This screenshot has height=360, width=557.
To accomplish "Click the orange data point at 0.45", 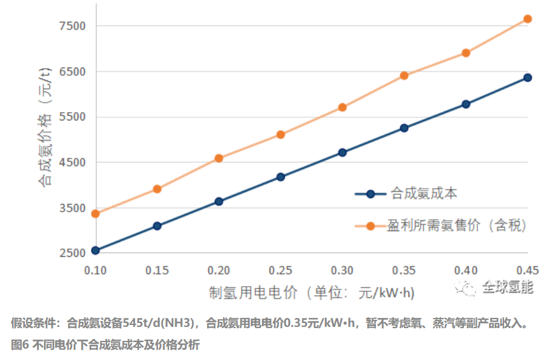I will click(x=527, y=19).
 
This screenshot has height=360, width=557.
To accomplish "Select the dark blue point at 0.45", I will click(x=527, y=78).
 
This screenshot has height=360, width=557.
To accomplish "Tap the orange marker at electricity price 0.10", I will click(x=96, y=213).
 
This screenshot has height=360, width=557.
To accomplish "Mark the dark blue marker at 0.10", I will click(x=96, y=250).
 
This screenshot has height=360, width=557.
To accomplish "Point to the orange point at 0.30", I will click(x=342, y=107).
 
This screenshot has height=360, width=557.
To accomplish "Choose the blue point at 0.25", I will click(x=280, y=177).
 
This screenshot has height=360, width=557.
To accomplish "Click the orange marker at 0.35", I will click(x=404, y=75).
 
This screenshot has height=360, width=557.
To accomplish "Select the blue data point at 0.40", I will click(x=466, y=104).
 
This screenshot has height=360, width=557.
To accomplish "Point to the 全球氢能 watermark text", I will click(x=507, y=287).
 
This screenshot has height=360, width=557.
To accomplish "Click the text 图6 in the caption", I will click(x=20, y=345).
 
